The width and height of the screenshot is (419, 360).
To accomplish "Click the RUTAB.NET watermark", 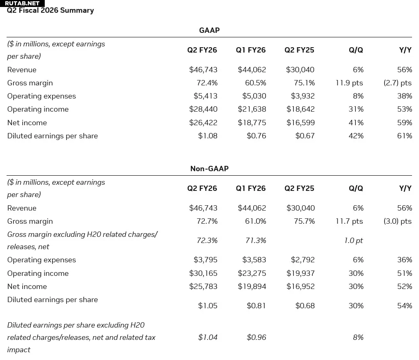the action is click(22, 3).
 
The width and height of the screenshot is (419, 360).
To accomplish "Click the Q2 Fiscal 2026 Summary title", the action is click(50, 10).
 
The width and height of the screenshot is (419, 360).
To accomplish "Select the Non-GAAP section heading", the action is click(209, 169).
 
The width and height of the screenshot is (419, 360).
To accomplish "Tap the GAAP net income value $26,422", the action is click(204, 123).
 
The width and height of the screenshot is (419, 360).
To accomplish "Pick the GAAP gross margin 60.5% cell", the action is click(256, 83).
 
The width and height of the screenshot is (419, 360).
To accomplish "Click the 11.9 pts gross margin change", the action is click(350, 83).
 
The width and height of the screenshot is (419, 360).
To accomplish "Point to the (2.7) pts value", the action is click(398, 83).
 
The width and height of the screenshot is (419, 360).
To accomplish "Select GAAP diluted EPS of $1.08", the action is click(208, 136).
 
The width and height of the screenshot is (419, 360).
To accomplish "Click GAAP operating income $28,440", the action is click(204, 109).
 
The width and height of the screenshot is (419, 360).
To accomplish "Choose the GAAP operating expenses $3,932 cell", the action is click(303, 96).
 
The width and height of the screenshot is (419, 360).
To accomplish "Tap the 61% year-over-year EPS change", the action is click(405, 136).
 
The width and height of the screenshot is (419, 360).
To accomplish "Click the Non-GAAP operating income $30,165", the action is click(204, 273).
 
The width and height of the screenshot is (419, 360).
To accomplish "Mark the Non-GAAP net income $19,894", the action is click(252, 287).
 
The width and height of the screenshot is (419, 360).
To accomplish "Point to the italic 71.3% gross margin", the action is click(256, 241).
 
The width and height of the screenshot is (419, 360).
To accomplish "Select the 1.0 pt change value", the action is click(353, 241).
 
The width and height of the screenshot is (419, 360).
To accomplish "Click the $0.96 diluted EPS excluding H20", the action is click(256, 337).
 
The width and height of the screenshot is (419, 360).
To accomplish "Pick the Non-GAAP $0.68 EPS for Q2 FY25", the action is click(305, 305).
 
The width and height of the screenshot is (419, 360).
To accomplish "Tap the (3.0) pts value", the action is click(398, 221).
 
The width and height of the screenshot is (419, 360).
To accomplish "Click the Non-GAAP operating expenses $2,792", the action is click(303, 260).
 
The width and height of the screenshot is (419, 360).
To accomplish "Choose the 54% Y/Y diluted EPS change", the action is click(405, 305).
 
